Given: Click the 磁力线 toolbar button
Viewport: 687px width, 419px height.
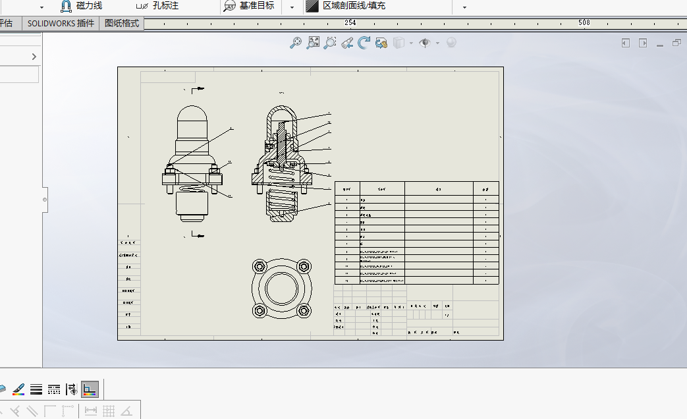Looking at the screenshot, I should click(x=82, y=6).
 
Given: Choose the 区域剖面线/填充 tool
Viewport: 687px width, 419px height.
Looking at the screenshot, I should click(x=346, y=6).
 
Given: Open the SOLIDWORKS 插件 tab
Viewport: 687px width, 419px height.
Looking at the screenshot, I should click(x=61, y=23).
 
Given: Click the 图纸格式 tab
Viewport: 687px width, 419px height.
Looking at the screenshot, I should click(x=122, y=23).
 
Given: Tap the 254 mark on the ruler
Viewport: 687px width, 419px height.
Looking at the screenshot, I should click(x=350, y=23).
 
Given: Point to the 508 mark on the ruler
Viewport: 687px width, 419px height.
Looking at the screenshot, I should click(x=584, y=23).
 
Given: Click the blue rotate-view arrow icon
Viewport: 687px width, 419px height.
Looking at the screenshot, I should click(x=364, y=43).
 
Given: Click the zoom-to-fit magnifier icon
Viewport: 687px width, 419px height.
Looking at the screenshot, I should click(x=314, y=43).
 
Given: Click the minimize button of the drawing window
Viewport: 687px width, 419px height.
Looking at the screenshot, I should click(x=660, y=43).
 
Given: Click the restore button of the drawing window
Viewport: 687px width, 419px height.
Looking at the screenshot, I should click(x=676, y=43).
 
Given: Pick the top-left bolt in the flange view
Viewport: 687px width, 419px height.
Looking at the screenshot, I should click(x=259, y=266).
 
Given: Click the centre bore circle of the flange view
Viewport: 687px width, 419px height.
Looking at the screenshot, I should click(x=281, y=288).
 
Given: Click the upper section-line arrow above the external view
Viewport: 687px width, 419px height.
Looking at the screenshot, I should click(x=196, y=88).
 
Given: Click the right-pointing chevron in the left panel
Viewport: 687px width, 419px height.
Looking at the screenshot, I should click(x=34, y=57).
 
